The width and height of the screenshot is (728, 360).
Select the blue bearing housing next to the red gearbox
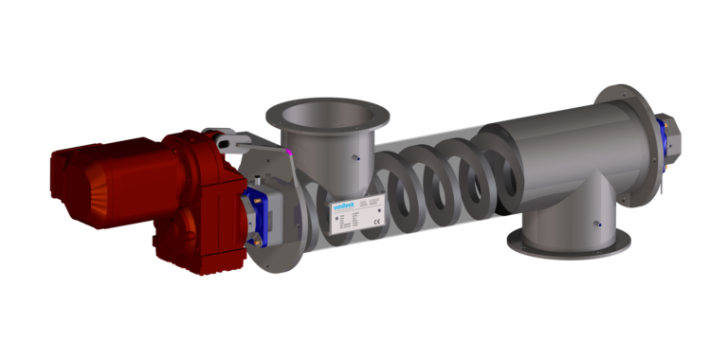pos(256,215)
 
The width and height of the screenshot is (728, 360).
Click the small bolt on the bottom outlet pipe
pos(596,224)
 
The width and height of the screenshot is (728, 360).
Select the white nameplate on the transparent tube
pos(355,217)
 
